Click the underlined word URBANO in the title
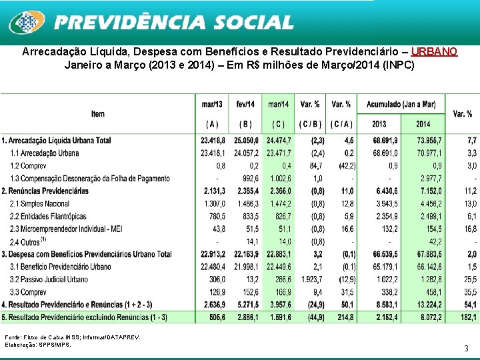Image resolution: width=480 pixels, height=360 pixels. (434, 52)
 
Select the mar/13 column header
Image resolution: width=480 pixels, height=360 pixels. (213, 104)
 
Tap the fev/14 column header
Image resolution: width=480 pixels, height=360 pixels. (245, 104)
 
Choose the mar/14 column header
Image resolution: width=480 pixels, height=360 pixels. (278, 104)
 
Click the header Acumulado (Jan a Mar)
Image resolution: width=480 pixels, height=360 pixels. (401, 104)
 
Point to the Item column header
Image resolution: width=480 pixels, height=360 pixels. (98, 114)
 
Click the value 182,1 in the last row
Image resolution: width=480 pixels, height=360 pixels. (465, 317)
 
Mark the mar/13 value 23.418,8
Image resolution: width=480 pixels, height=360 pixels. (213, 141)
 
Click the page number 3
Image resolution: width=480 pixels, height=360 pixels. (465, 348)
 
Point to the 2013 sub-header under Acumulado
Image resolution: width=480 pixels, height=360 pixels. (379, 124)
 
